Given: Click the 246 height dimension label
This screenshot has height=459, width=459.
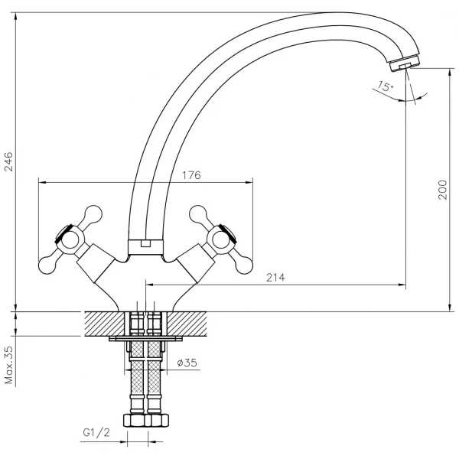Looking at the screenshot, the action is tap(8, 161).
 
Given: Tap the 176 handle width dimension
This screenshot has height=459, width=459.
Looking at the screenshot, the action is tap(192, 175).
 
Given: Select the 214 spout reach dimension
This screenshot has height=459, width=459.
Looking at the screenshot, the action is tap(275, 277).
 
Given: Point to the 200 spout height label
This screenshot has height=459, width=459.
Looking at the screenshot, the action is tap(443, 190).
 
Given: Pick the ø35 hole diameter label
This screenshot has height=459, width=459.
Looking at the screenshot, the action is tap(187, 363).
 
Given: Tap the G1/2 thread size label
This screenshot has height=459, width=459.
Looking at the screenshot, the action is tap(96, 432).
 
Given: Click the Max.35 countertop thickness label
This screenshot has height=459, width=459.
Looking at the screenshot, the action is tap(9, 365).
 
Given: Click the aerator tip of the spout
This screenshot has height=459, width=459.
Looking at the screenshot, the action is tap(405, 63).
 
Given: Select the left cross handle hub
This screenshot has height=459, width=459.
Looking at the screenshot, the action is tap(70, 240).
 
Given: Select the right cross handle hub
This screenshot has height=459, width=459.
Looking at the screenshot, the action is tap(220, 240).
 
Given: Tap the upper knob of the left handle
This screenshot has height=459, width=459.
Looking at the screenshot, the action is tap(93, 214).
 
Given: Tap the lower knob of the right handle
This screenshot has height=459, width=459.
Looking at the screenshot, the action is tap(244, 265).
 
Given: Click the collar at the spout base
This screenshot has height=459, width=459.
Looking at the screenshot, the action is tap(145, 247).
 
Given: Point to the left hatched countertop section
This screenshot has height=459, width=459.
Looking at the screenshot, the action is tap(105, 324).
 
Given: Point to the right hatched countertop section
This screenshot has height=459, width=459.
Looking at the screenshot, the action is tap(187, 324).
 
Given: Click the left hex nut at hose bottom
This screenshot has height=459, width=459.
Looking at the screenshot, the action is tap(135, 420).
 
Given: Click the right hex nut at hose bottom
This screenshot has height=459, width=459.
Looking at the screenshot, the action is tap(157, 420).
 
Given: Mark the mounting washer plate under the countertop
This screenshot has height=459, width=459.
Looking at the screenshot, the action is tap(145, 339).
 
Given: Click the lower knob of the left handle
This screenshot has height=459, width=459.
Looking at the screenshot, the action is tap(47, 265).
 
